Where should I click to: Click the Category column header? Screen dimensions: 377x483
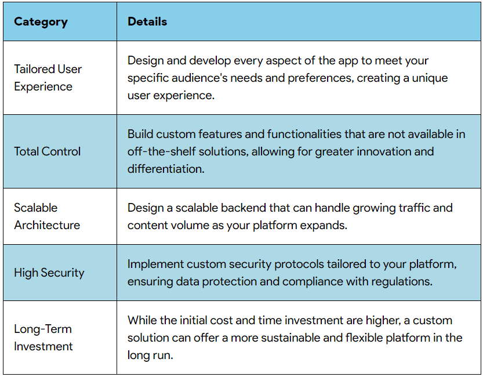click(x=41, y=22)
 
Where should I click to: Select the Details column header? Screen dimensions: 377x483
click(x=147, y=22)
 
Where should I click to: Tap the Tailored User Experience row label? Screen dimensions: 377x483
click(x=48, y=78)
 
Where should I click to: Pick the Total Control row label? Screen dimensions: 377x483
click(x=48, y=151)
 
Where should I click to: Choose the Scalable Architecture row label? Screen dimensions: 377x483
click(x=47, y=216)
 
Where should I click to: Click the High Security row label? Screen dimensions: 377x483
click(x=49, y=273)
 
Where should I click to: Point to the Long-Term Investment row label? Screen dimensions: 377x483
click(x=43, y=338)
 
